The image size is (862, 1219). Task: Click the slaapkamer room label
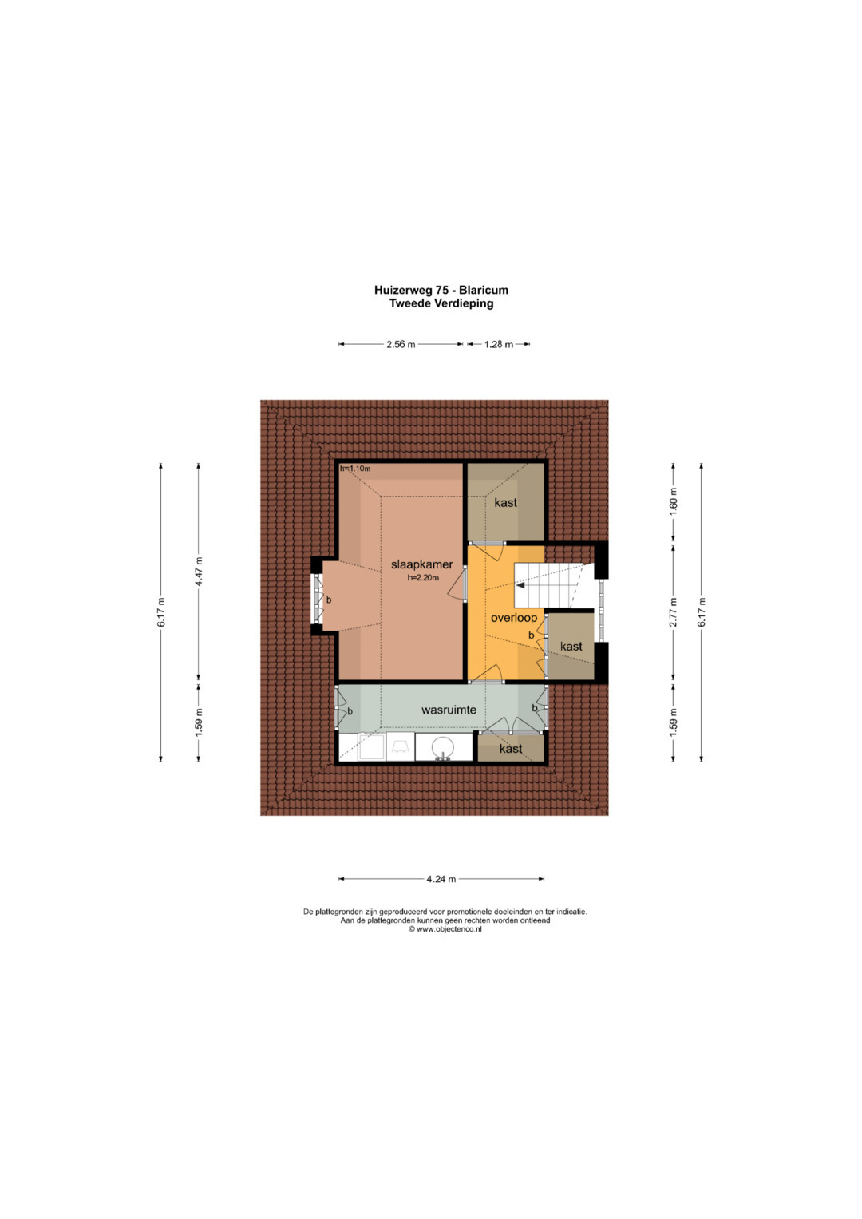point(421,564)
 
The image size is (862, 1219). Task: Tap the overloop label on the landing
point(514,618)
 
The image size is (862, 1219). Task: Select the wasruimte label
point(449,710)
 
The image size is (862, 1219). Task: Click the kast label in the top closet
point(505,502)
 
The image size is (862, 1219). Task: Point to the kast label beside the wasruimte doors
point(511,749)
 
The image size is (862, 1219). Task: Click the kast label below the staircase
point(571,646)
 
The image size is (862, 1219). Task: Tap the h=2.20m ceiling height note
point(423,578)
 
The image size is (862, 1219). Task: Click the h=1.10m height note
point(355,469)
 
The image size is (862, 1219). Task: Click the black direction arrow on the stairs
point(520,586)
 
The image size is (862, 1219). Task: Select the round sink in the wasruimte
point(444,746)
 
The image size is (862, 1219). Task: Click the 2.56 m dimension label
point(401,345)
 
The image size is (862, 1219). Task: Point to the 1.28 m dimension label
point(499,345)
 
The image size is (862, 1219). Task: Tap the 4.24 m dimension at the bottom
point(441,878)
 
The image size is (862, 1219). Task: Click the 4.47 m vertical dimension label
point(200,572)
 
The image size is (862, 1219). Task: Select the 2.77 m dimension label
point(674,612)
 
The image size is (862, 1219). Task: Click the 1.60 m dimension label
point(674,503)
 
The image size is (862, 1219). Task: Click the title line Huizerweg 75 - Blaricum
point(441,291)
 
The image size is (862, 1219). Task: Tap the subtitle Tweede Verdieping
point(441,303)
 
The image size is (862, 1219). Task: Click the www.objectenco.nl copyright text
point(445,929)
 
